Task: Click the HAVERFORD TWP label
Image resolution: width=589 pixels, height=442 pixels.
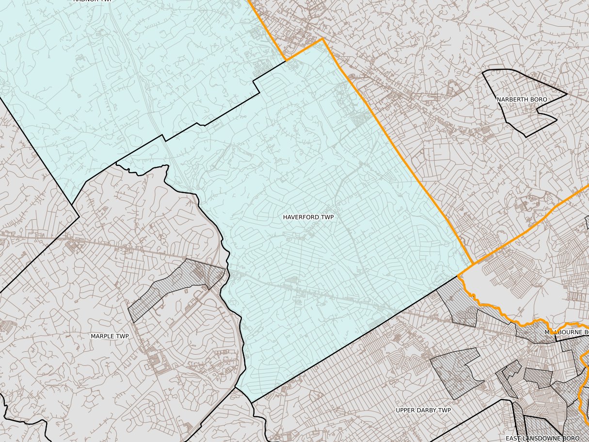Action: point(308,217)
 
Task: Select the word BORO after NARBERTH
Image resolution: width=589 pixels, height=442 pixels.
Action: point(538,99)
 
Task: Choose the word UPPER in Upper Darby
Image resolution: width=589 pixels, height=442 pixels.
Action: point(405,410)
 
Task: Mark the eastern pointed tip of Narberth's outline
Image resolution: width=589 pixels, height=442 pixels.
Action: point(567,94)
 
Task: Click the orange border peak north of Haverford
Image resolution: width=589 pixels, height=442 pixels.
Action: point(322,40)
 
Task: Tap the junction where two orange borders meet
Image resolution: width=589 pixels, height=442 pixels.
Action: point(473,265)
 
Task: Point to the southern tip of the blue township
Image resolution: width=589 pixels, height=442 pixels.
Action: point(252,402)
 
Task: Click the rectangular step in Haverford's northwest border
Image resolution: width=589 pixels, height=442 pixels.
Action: point(257,85)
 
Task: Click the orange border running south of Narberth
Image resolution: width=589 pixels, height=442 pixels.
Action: point(528,228)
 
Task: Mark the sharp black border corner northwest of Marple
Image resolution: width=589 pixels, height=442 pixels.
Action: point(79,217)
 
